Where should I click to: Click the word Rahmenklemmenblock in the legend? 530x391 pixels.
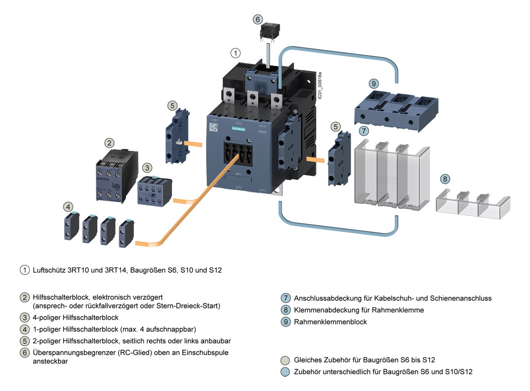[x=330, y=322]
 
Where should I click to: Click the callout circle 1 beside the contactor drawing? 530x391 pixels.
[x=236, y=52]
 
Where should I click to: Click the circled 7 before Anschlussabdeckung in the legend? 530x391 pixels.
[x=285, y=298]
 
